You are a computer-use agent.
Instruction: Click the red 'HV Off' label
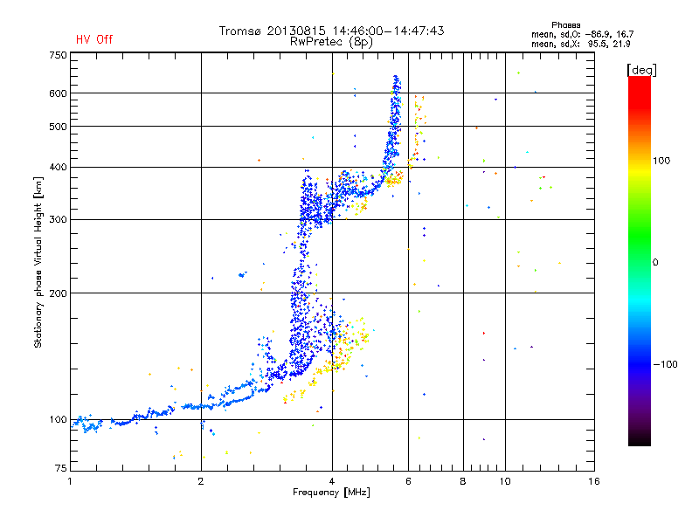[94, 39]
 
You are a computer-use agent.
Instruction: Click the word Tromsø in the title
[239, 31]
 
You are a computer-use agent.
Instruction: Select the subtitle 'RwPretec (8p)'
[331, 42]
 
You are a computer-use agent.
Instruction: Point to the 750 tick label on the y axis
[58, 55]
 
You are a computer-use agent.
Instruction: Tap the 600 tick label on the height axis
[58, 93]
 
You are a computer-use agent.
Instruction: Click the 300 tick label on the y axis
[58, 220]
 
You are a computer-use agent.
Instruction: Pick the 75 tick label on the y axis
[61, 468]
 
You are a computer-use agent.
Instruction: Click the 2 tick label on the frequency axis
[201, 481]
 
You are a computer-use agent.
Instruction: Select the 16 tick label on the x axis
[594, 481]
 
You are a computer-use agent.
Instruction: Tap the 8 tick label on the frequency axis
[463, 481]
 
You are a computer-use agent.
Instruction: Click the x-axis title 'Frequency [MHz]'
[331, 493]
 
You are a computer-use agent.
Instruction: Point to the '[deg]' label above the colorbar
[641, 71]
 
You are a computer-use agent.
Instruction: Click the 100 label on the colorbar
[661, 161]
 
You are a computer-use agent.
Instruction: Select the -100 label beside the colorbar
[665, 364]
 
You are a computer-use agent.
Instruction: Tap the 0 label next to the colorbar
[655, 263]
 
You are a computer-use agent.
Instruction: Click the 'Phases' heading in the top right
[565, 25]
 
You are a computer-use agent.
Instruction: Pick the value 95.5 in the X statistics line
[598, 45]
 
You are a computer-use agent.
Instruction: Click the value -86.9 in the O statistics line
[598, 35]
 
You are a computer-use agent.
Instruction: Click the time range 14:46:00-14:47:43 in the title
[388, 31]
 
